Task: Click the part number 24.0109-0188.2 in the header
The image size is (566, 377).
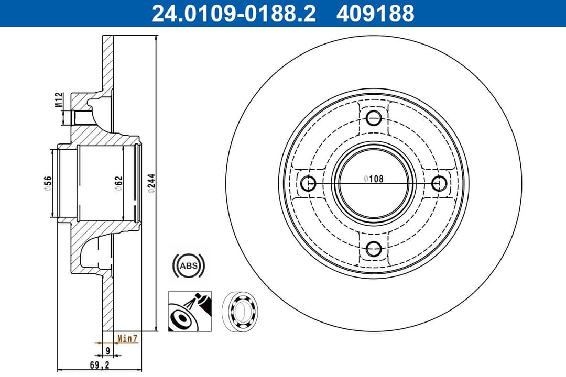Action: click(233, 14)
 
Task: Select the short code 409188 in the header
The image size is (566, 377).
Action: click(375, 14)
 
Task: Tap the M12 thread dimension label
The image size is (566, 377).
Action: click(60, 99)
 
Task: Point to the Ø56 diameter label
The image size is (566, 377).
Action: click(48, 183)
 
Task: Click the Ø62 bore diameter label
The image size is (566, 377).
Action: click(119, 183)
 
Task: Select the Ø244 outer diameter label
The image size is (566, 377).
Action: click(151, 183)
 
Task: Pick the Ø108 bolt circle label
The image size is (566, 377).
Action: click(374, 179)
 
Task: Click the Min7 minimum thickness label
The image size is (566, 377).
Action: click(127, 339)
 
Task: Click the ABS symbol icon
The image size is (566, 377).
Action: click(189, 266)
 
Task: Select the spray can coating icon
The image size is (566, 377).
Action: click(189, 311)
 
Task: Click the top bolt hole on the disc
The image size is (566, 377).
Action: click(374, 117)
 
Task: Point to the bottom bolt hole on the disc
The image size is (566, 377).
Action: click(374, 249)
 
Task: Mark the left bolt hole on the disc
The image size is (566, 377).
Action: click(309, 183)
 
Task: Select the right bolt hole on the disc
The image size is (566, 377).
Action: click(440, 183)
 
